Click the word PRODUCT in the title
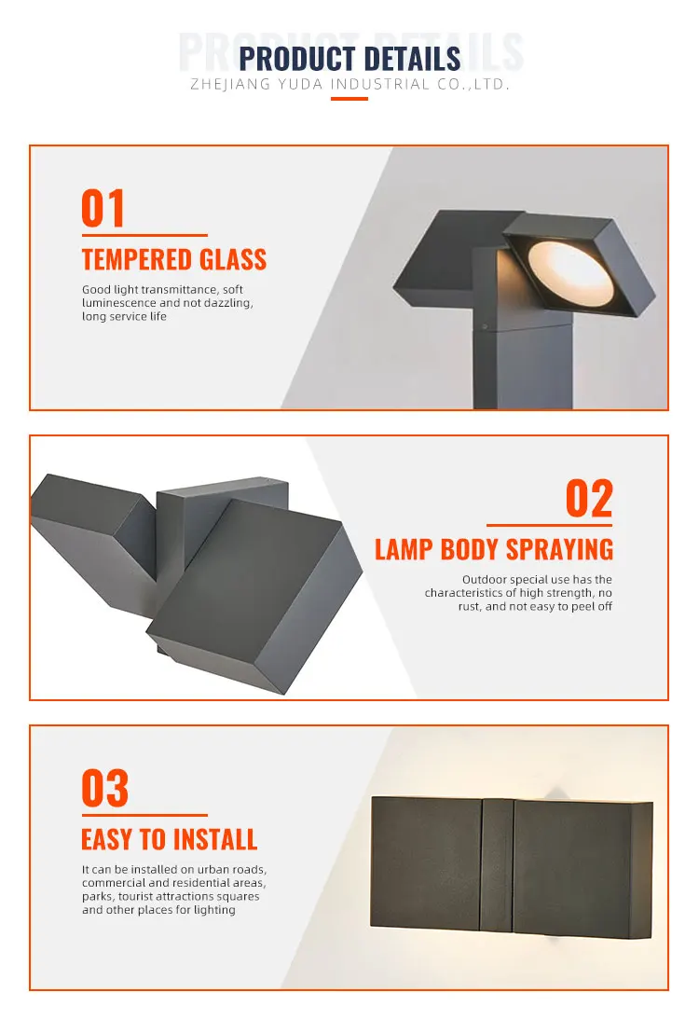click(x=292, y=59)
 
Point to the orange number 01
click(x=103, y=209)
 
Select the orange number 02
click(x=589, y=500)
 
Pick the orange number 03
click(x=104, y=789)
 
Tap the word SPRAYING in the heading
click(x=562, y=549)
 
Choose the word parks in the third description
click(x=98, y=897)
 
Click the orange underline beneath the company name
click(x=349, y=99)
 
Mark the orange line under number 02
click(x=549, y=526)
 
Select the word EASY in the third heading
click(x=107, y=839)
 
